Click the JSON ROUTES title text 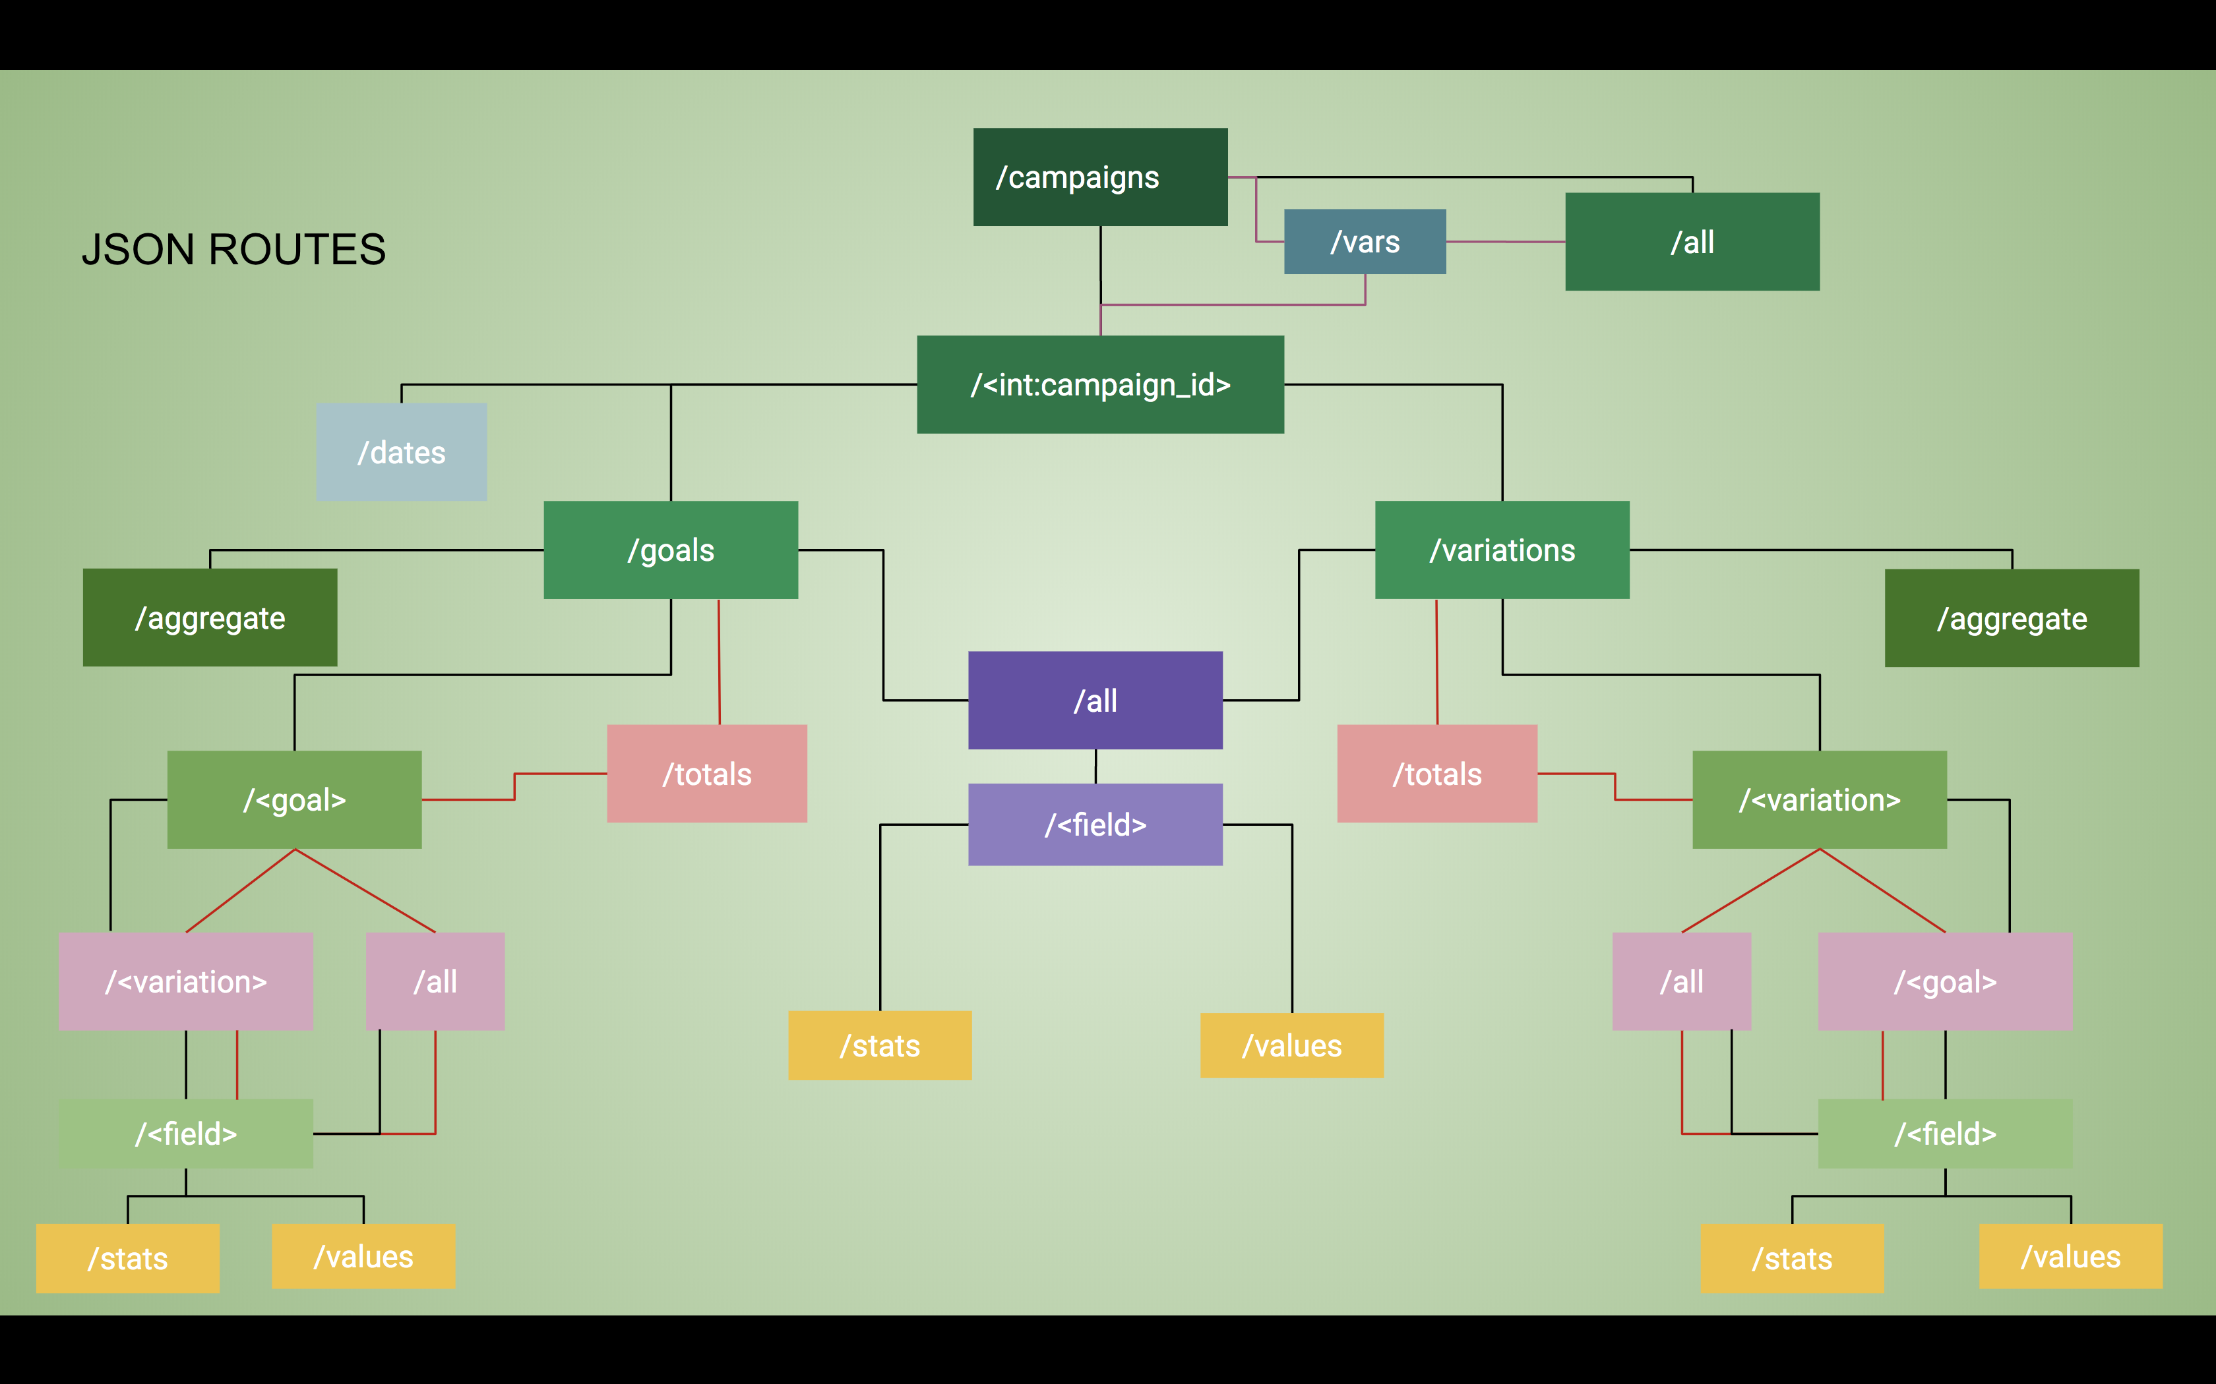pos(233,249)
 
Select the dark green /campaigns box pos(1100,177)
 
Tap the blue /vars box pos(1365,242)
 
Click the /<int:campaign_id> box pos(1100,384)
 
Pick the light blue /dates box pos(401,452)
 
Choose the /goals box pos(670,550)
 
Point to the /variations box pos(1502,550)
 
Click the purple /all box pos(1095,700)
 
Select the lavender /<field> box pos(1095,824)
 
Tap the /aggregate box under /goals pos(210,618)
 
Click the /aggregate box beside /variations pos(2012,618)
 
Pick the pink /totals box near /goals pos(707,774)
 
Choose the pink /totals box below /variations pos(1436,774)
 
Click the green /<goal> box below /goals pos(294,800)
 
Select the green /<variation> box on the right pos(1820,800)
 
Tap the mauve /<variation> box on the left pos(186,981)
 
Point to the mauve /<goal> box pos(1945,981)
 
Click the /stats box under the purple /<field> pos(880,1045)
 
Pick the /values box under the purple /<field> pos(1291,1045)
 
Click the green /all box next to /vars pos(1692,242)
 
